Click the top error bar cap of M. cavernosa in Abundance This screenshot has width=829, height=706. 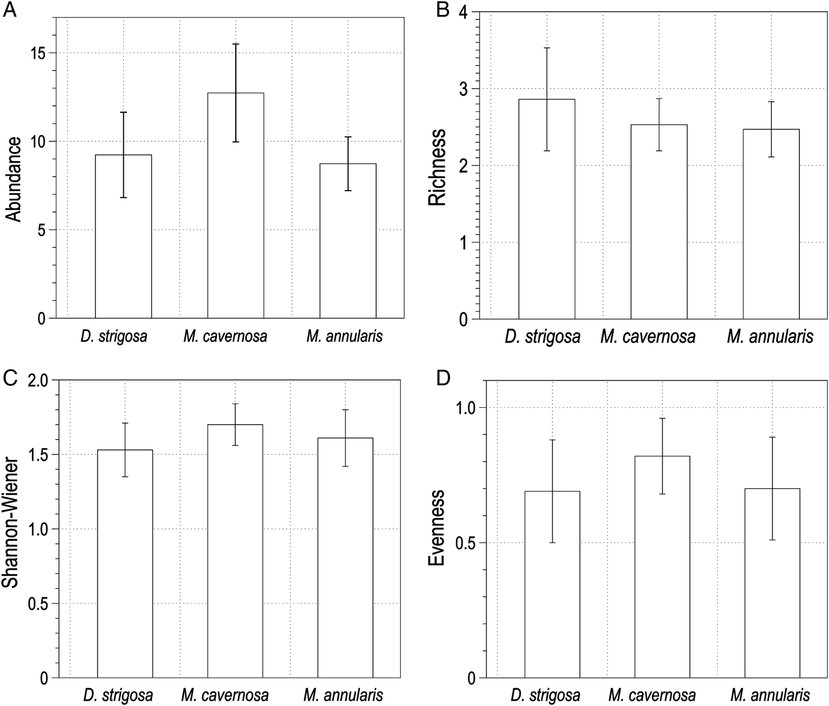(235, 44)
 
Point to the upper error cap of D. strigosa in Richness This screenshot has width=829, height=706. (547, 48)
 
